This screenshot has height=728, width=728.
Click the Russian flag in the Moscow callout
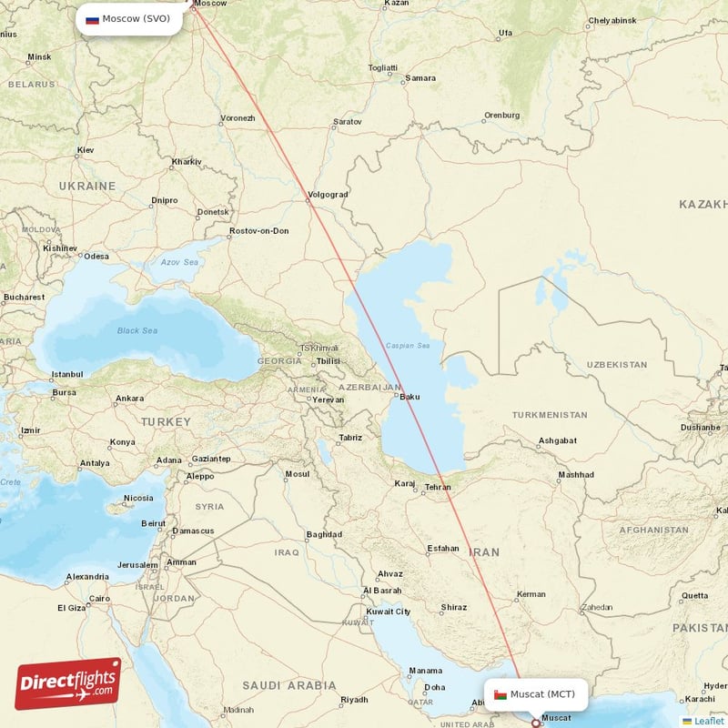(x=92, y=19)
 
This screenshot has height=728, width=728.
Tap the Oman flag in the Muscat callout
(x=500, y=694)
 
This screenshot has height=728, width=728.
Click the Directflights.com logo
(x=68, y=683)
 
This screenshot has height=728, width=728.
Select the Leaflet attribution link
(x=709, y=721)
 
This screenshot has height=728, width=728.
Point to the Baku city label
(x=409, y=396)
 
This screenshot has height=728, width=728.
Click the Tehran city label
(x=438, y=487)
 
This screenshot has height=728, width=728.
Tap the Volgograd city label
(x=328, y=195)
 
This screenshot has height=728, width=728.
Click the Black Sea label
(x=136, y=330)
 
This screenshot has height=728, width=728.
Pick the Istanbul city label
(x=67, y=374)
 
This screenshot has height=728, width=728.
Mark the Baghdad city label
(x=324, y=534)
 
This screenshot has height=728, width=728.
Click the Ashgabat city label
(x=558, y=440)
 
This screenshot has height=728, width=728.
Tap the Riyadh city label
(x=354, y=700)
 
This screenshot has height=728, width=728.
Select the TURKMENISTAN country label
(x=550, y=415)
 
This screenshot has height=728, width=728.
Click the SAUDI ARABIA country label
(x=289, y=685)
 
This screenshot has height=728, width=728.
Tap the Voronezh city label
(x=238, y=118)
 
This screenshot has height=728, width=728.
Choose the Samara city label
(x=420, y=78)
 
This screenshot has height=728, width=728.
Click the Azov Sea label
(x=179, y=262)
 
